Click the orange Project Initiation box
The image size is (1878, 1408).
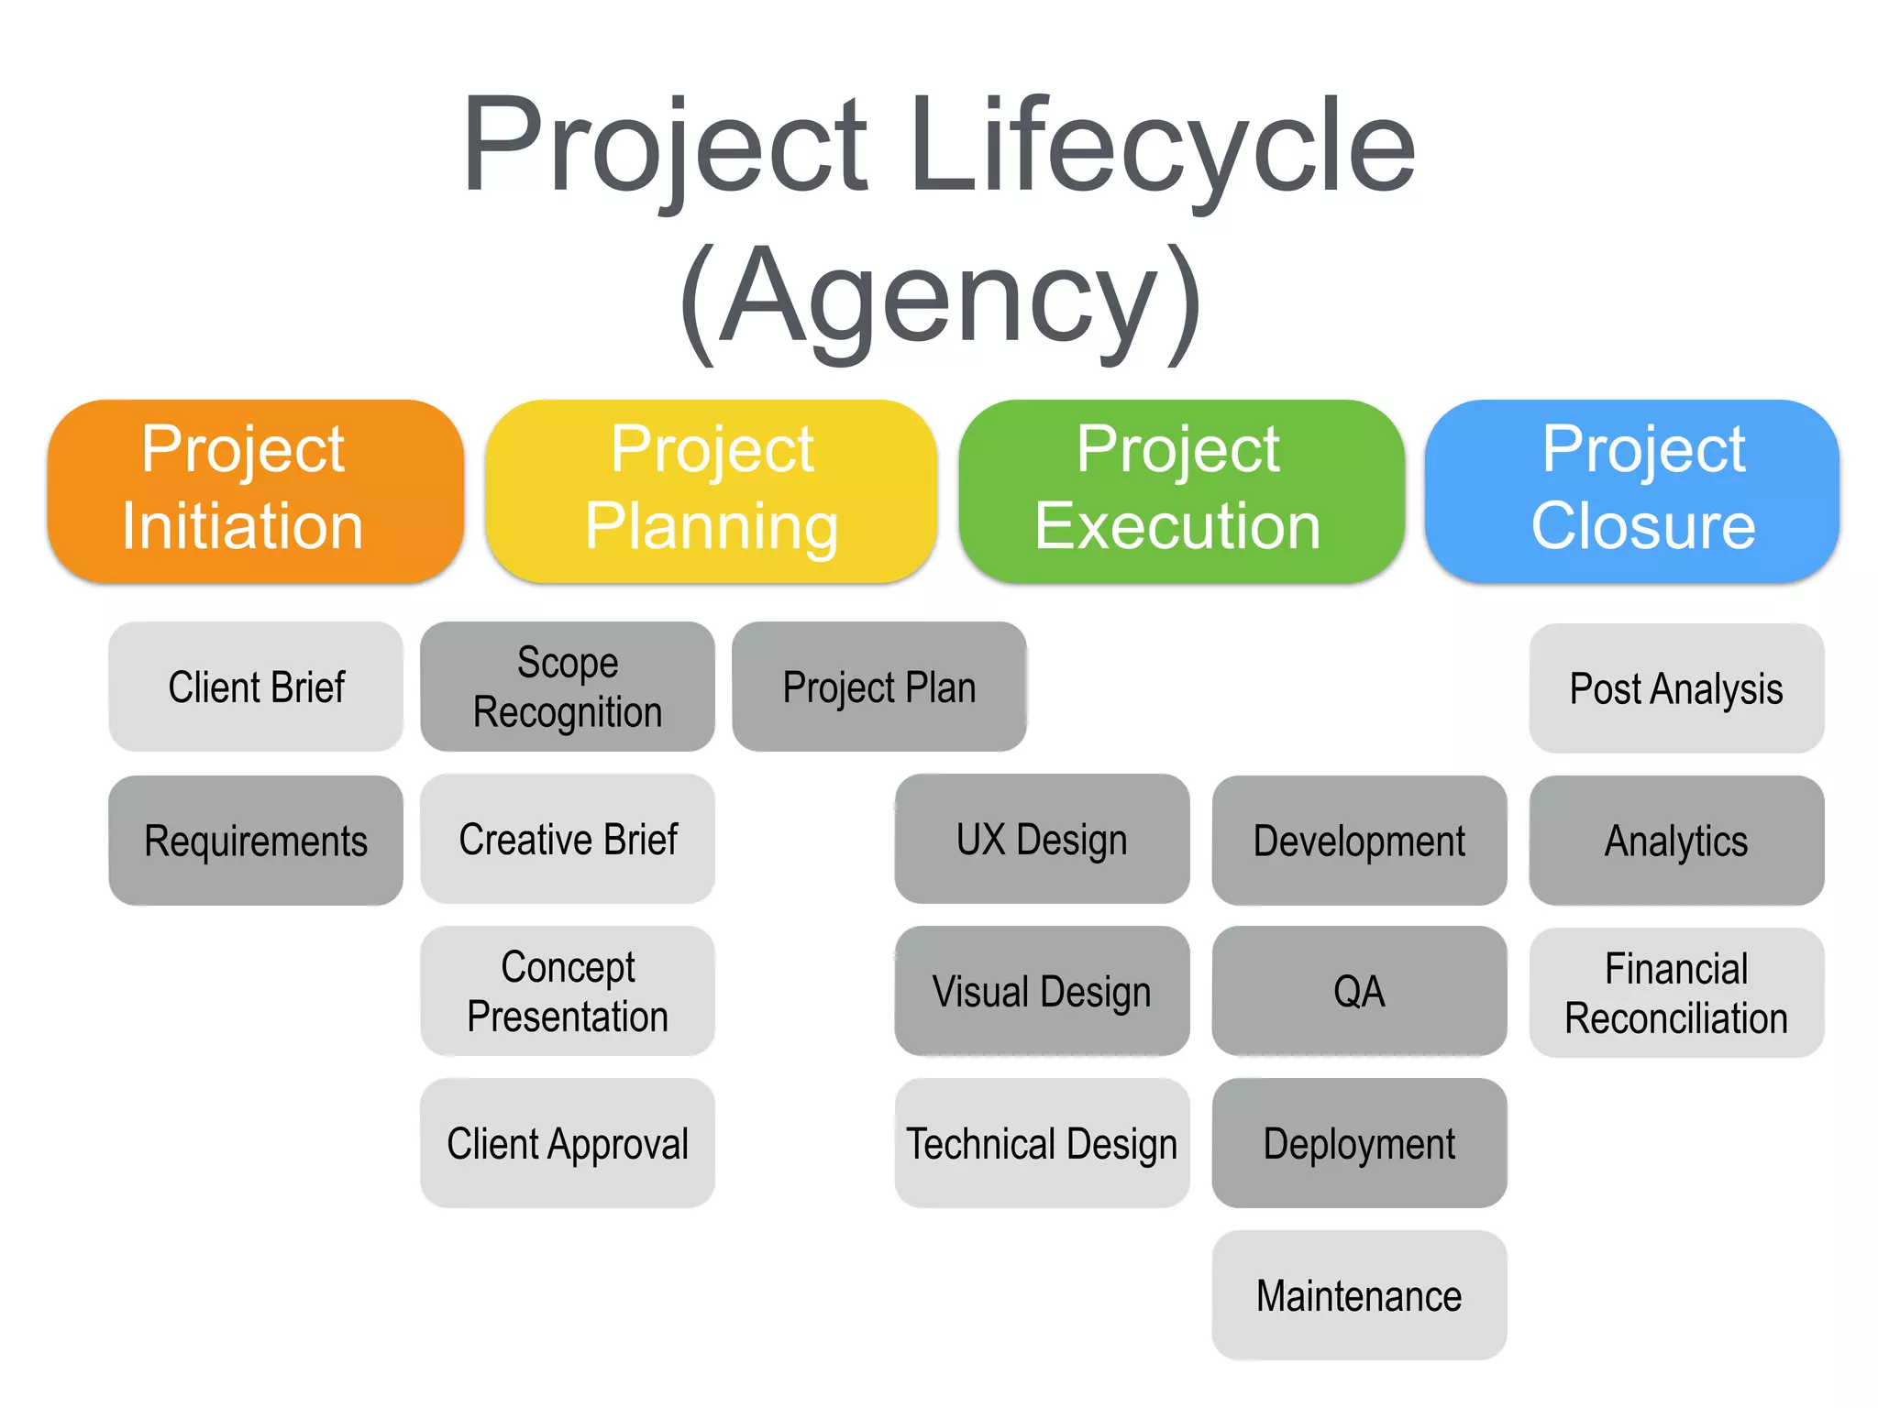(x=255, y=490)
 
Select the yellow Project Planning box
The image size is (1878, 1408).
(x=711, y=490)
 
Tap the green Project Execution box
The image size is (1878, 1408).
(x=1181, y=490)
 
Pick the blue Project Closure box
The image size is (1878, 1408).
(x=1632, y=490)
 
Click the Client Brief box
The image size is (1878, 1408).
(x=256, y=687)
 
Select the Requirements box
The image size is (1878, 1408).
(x=256, y=840)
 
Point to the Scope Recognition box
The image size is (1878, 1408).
(x=568, y=687)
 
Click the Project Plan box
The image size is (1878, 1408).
(x=878, y=687)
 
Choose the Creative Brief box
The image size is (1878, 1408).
(x=568, y=839)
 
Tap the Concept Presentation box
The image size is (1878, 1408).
(x=568, y=991)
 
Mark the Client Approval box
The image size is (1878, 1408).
(x=568, y=1143)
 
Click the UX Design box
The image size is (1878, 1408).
(x=1042, y=839)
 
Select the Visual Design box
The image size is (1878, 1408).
(x=1042, y=991)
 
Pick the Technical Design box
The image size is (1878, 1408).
(x=1042, y=1143)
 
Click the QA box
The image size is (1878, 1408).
(x=1359, y=991)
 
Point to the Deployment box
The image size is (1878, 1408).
(x=1359, y=1143)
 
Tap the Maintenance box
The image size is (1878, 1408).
(x=1359, y=1295)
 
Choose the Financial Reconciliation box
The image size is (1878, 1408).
(x=1676, y=993)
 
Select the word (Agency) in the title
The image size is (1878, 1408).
(x=940, y=298)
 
